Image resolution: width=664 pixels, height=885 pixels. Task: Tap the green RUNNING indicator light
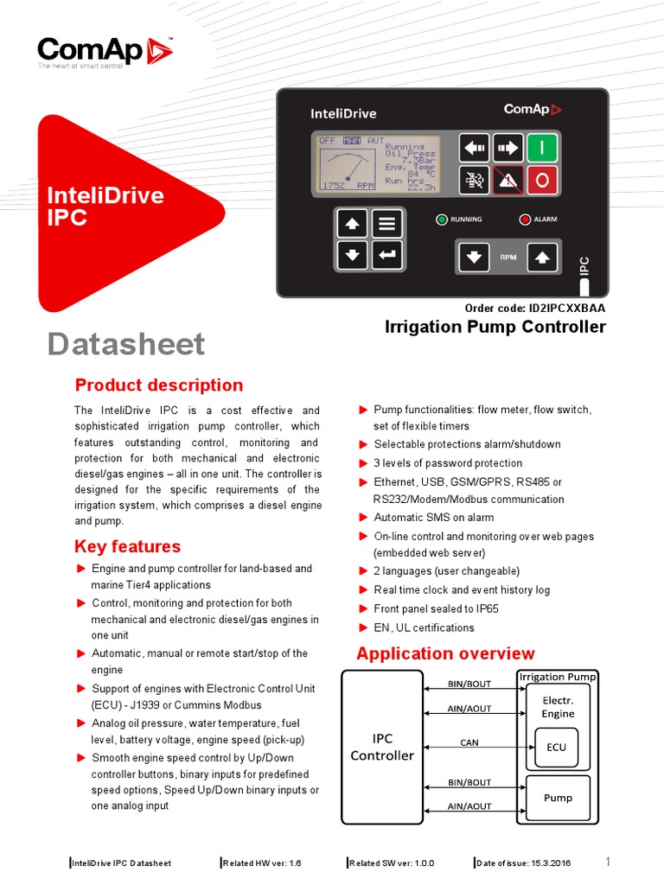click(x=442, y=220)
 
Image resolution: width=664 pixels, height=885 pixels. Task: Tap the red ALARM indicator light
click(x=524, y=220)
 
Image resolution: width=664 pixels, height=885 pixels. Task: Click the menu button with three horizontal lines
click(x=386, y=224)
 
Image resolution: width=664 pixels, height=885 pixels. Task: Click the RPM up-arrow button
click(x=541, y=257)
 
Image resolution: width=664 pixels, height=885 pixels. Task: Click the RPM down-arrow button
click(x=474, y=257)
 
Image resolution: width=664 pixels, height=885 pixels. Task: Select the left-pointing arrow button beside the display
click(x=473, y=149)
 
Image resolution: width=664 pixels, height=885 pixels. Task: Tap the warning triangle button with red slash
click(x=508, y=181)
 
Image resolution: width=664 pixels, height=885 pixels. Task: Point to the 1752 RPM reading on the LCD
click(x=347, y=186)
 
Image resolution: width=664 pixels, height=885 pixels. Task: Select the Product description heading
click(x=159, y=385)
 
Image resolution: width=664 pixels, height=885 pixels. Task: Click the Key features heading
click(x=128, y=546)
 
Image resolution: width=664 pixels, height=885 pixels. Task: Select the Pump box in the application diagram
click(x=558, y=798)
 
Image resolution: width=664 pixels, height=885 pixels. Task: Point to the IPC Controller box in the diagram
click(x=382, y=748)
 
